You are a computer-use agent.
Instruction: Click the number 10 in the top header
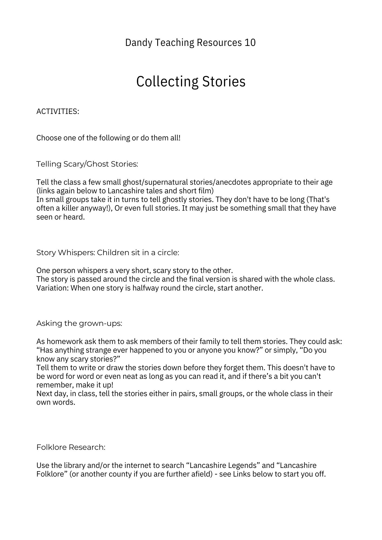[x=250, y=43]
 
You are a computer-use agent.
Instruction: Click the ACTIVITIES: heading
[x=58, y=112]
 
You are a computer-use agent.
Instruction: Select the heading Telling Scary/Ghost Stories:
[x=87, y=164]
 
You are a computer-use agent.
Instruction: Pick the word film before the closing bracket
[x=206, y=191]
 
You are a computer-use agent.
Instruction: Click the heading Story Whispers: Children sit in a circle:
[x=108, y=253]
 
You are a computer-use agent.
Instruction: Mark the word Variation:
[x=53, y=288]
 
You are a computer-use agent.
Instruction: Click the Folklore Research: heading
[x=71, y=447]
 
